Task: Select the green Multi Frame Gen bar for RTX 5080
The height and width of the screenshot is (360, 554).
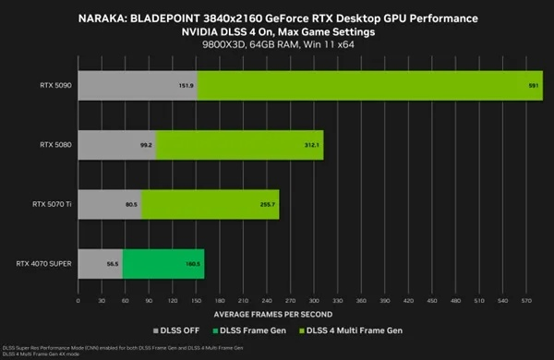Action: point(240,145)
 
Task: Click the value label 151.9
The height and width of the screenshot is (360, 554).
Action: point(184,86)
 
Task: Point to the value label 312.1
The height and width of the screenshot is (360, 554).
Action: point(311,145)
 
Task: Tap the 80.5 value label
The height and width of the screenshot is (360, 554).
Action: point(130,204)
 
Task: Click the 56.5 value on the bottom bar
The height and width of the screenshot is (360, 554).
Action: point(112,263)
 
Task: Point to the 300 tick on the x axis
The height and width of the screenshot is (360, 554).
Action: point(314,301)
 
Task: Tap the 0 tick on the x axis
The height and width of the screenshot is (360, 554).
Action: point(78,301)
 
